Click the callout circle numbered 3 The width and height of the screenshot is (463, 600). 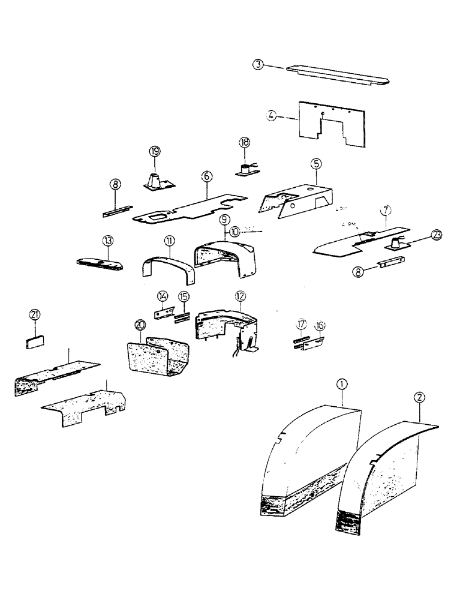pos(258,65)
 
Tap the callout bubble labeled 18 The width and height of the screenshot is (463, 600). pos(245,143)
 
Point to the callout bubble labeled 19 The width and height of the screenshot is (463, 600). pos(155,151)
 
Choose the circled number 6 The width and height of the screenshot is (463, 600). pos(206,176)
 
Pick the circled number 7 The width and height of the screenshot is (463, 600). pos(386,211)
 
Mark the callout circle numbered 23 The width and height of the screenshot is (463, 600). pos(436,235)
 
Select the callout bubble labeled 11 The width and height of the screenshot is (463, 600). pos(169,241)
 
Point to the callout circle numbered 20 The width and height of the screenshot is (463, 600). pos(140,325)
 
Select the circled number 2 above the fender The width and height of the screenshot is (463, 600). pos(419,396)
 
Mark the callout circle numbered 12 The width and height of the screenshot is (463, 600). pos(240,295)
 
